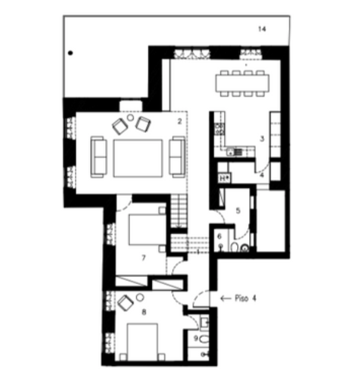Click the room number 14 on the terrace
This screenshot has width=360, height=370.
262,29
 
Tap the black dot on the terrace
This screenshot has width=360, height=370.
70,53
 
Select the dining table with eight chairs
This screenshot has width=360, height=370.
242,83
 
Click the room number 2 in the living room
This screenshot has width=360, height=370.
179,121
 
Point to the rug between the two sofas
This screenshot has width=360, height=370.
138,158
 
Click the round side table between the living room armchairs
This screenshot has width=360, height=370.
130,117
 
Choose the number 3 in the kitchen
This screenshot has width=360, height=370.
262,139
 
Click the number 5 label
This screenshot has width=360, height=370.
238,210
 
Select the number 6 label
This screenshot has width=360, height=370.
220,236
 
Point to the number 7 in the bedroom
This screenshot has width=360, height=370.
144,258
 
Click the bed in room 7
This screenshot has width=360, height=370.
146,229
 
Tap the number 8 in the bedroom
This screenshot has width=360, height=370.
144,312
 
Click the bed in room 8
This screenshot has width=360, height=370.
142,342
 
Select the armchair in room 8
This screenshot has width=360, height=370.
125,303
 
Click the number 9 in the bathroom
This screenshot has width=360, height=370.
196,338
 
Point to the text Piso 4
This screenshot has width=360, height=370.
245,299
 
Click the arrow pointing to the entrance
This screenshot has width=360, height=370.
226,299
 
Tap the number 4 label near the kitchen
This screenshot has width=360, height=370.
262,175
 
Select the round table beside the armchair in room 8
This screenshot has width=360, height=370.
140,297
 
